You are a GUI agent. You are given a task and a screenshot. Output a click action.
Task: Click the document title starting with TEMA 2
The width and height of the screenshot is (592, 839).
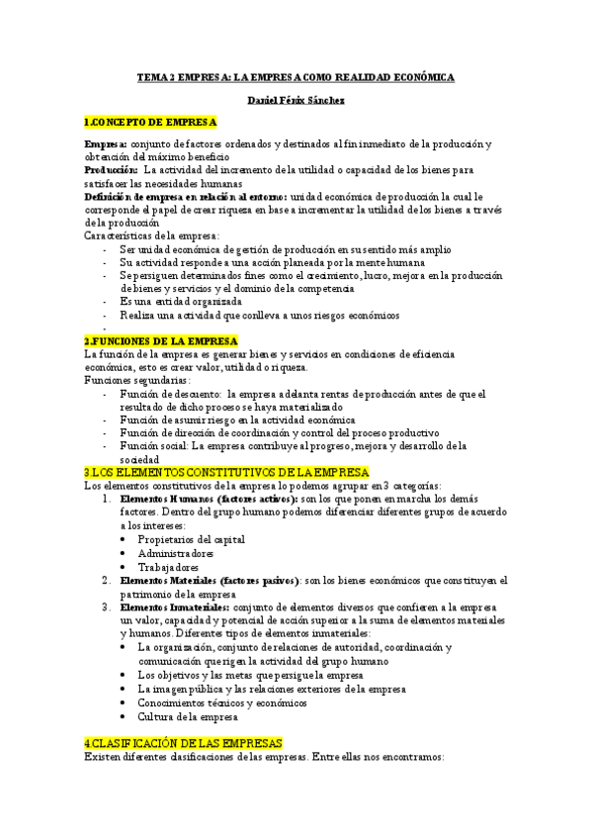pyautogui.click(x=295, y=76)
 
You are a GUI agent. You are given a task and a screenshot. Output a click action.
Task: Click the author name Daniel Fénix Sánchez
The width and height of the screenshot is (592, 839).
pyautogui.click(x=295, y=101)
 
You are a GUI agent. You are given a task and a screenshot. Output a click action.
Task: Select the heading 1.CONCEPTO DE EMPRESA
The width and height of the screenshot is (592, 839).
pyautogui.click(x=150, y=123)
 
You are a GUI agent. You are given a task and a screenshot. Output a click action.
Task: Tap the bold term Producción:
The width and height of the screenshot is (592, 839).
pyautogui.click(x=111, y=170)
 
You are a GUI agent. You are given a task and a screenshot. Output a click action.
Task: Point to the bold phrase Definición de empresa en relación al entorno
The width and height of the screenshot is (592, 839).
pyautogui.click(x=172, y=197)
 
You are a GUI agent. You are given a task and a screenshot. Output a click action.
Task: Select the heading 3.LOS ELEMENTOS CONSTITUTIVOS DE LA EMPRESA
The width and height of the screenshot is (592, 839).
pyautogui.click(x=225, y=471)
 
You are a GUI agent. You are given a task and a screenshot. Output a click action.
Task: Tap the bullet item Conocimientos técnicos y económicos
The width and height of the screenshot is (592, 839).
pyautogui.click(x=222, y=701)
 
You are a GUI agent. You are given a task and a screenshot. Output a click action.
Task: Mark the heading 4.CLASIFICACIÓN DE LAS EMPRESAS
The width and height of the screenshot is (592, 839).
pyautogui.click(x=183, y=742)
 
